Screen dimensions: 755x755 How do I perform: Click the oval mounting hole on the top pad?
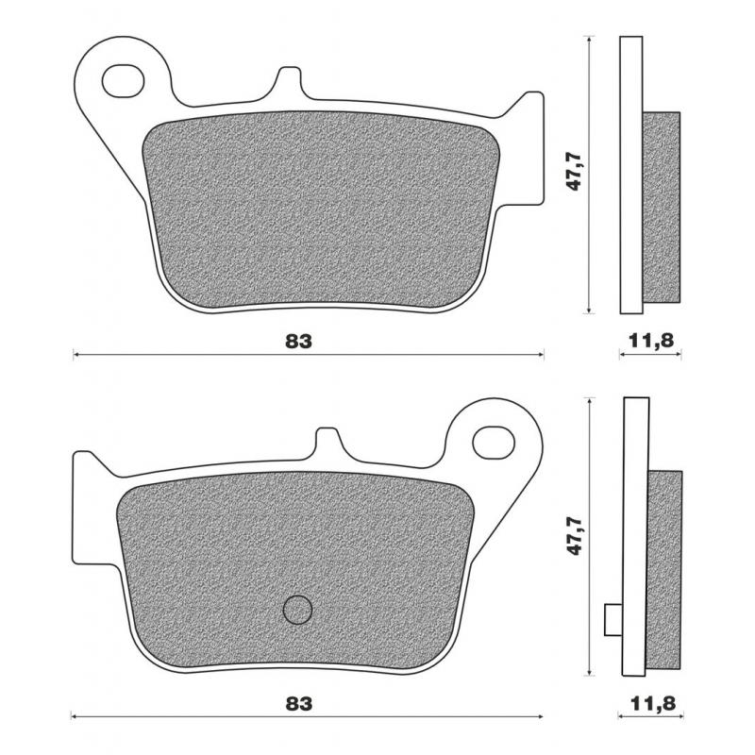pyautogui.click(x=123, y=80)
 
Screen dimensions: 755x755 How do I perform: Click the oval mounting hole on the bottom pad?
pyautogui.click(x=494, y=441)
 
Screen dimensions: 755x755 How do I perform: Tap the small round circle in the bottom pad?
pyautogui.click(x=298, y=610)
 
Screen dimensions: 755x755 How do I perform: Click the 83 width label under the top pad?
pyautogui.click(x=298, y=341)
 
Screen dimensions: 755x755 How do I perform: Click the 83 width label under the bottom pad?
pyautogui.click(x=298, y=703)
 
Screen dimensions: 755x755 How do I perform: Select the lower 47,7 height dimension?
pyautogui.click(x=572, y=535)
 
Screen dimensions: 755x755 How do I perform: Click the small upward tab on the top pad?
pyautogui.click(x=289, y=83)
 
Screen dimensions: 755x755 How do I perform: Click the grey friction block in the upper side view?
pyautogui.click(x=662, y=208)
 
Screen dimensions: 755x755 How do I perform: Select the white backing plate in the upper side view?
pyautogui.click(x=631, y=175)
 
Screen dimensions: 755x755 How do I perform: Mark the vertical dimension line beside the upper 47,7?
pyautogui.click(x=589, y=175)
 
